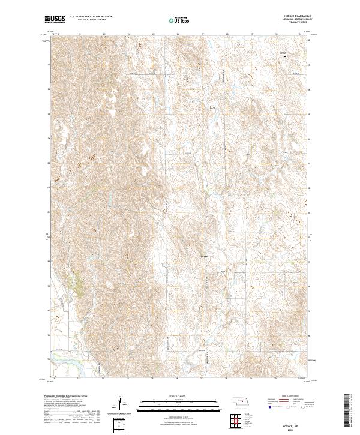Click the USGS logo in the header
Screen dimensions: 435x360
click(55, 19)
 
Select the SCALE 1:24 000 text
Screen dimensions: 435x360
click(179, 396)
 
